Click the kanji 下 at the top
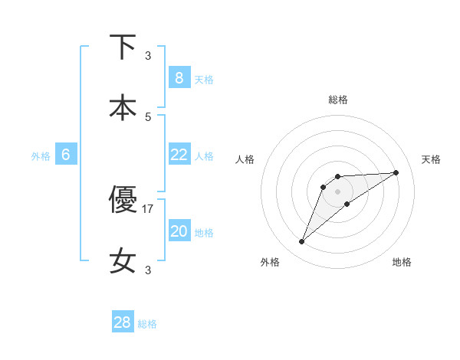tap(123, 47)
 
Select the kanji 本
tap(123, 107)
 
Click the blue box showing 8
tap(179, 77)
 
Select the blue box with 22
tap(179, 154)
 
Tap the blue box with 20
tap(179, 231)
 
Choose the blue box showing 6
tap(66, 154)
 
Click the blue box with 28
tap(123, 322)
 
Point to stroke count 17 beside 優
tap(148, 208)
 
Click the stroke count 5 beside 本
tap(148, 116)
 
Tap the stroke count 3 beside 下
tap(148, 55)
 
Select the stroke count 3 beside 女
tap(148, 270)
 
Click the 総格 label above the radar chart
tap(338, 100)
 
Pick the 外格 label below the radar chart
tap(270, 262)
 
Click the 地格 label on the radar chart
tap(402, 262)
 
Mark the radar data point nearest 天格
tap(396, 172)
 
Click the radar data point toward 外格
tap(302, 242)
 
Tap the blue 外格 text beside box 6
tap(41, 155)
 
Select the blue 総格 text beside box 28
tap(147, 324)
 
